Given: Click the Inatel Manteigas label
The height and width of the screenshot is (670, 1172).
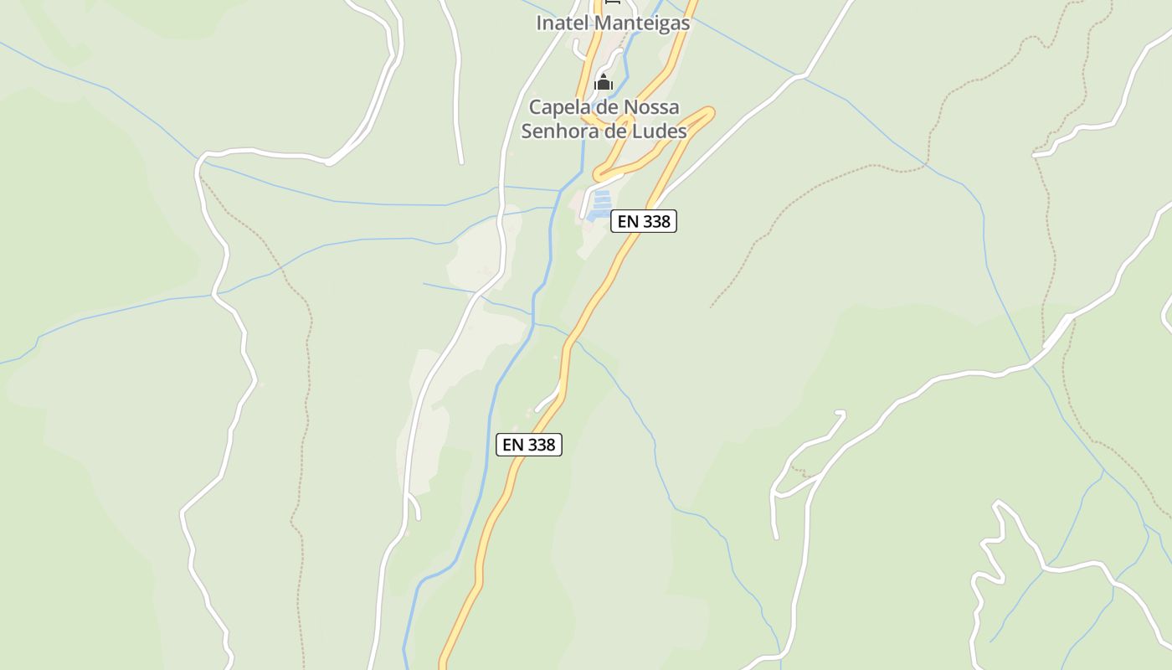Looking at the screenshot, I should [x=613, y=23].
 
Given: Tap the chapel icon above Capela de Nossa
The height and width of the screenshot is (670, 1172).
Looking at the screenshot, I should [x=603, y=82].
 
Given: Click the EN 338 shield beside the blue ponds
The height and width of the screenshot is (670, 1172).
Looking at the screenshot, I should [x=643, y=221].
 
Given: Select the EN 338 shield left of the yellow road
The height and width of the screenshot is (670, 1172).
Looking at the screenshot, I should [x=529, y=445].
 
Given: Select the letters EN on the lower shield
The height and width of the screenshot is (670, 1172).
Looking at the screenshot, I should [x=512, y=445].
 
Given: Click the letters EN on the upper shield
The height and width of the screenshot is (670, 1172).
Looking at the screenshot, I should [x=627, y=221].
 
